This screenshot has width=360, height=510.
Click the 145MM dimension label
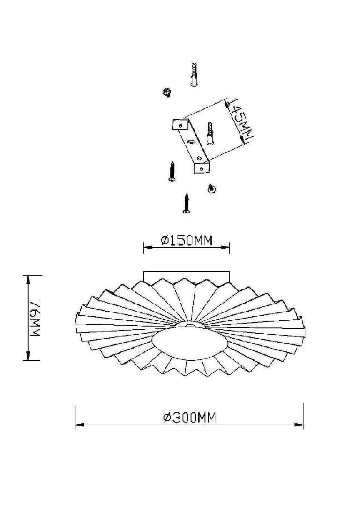[241, 119]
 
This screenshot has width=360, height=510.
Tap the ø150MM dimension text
[187, 241]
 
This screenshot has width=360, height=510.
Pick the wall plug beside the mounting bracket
[210, 133]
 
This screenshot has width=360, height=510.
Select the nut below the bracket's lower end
[210, 188]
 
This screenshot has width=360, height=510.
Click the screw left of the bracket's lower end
[172, 171]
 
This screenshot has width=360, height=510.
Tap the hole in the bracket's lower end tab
[202, 167]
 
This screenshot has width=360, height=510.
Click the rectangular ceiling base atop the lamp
[186, 275]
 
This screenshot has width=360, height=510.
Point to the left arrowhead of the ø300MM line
[78, 425]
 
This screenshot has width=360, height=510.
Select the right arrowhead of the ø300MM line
[300, 425]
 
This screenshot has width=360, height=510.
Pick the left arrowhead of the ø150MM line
[146, 246]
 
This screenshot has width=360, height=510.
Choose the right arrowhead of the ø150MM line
[227, 246]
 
